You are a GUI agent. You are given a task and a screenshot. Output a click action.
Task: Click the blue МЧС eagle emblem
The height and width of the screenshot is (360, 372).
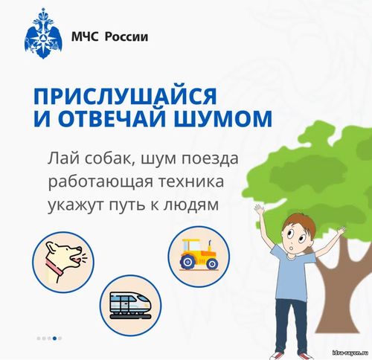click(43, 33)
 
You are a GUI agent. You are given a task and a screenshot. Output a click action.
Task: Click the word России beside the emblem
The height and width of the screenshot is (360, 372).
click(126, 36)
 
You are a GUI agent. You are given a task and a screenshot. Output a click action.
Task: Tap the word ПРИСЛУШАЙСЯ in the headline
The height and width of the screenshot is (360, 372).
click(125, 95)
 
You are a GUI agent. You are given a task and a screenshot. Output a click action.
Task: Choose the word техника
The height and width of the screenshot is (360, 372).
click(191, 181)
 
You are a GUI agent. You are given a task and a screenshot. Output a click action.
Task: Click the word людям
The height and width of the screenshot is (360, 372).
click(191, 205)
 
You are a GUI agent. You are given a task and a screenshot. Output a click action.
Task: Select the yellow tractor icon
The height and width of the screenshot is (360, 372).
click(199, 254)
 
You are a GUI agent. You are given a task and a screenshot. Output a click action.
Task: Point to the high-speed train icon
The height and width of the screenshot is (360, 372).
click(130, 306)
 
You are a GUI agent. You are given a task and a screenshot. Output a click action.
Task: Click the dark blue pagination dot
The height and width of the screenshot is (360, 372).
click(54, 338)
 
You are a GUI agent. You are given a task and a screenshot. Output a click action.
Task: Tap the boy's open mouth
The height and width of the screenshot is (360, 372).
click(292, 248)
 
